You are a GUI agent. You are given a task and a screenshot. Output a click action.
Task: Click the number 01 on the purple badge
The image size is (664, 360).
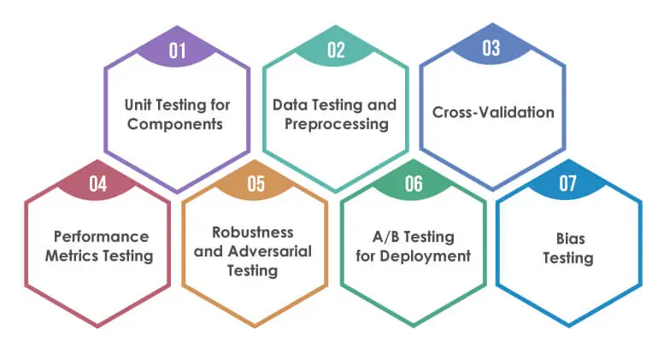pyautogui.click(x=177, y=50)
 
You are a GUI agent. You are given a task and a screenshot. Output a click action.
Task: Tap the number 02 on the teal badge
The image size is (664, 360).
pyautogui.click(x=336, y=50)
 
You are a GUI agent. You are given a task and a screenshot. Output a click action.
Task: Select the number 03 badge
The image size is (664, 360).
pyautogui.click(x=491, y=47)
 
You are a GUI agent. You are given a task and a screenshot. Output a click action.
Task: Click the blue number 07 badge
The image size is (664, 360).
pyautogui.click(x=568, y=182)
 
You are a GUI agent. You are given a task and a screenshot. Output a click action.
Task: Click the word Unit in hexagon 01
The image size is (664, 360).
pyautogui.click(x=138, y=104)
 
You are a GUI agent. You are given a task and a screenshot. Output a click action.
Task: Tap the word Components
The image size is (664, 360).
pyautogui.click(x=175, y=124)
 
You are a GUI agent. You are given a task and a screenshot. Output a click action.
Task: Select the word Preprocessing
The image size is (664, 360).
pyautogui.click(x=336, y=124)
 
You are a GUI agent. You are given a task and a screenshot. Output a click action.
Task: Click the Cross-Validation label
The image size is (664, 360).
pyautogui.click(x=493, y=112)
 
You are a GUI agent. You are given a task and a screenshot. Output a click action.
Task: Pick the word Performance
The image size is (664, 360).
pyautogui.click(x=101, y=236)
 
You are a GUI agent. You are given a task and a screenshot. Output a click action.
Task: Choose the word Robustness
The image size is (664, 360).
pyautogui.click(x=253, y=232)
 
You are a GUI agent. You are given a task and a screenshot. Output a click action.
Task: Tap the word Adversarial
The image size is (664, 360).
pyautogui.click(x=270, y=251)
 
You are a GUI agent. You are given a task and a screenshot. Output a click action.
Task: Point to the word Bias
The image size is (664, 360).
pyautogui.click(x=570, y=239)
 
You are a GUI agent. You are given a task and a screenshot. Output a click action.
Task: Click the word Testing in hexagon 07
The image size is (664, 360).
pyautogui.click(x=568, y=258)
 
